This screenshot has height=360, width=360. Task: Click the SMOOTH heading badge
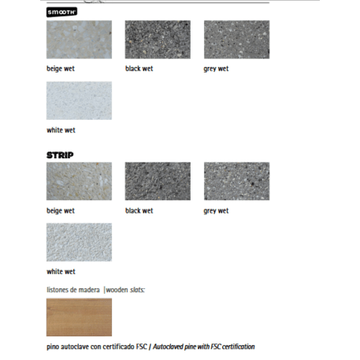61,13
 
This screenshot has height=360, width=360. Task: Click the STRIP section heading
60,155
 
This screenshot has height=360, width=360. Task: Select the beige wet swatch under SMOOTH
79,39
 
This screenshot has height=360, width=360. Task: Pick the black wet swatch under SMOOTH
158,39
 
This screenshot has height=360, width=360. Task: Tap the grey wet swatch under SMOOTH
236,39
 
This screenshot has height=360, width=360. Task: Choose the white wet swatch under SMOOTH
79,101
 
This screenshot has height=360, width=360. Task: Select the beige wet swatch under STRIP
79,181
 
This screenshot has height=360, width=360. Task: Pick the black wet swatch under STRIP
158,181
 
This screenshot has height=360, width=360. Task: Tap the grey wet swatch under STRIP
236,181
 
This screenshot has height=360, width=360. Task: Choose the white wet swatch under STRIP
79,242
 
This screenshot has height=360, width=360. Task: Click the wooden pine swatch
79,317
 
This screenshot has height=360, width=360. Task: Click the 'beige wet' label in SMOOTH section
61,69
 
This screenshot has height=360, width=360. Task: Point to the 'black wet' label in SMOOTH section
139,69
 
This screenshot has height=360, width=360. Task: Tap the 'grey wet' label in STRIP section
216,211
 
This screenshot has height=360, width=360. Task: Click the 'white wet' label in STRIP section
61,272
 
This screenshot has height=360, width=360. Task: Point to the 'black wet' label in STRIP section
139,211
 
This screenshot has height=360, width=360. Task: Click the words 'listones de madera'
73,290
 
